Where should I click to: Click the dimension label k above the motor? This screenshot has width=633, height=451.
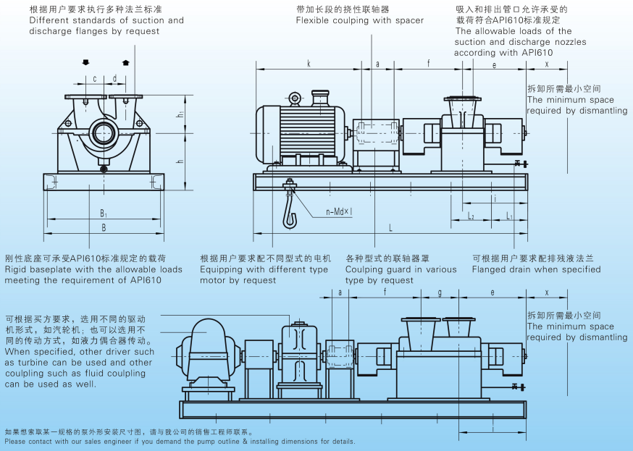click(309, 64)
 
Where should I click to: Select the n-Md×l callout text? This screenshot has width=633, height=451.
click(338, 212)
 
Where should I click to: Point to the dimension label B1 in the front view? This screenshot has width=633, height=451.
click(104, 214)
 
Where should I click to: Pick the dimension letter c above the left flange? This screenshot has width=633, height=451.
click(94, 78)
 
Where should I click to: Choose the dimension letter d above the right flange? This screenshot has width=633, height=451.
click(114, 78)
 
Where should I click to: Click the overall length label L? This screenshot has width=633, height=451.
click(390, 228)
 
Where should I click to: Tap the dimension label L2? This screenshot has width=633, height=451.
click(471, 216)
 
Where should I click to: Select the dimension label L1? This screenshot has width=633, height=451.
click(510, 216)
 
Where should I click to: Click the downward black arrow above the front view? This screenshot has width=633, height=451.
click(86, 62)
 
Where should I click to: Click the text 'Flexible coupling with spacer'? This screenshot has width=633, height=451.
click(359, 20)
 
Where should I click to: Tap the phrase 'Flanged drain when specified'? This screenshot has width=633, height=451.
click(536, 269)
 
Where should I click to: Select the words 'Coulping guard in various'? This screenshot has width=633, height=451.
click(401, 269)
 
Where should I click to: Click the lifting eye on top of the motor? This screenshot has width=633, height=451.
click(295, 98)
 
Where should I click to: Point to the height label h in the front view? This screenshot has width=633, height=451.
click(180, 161)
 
